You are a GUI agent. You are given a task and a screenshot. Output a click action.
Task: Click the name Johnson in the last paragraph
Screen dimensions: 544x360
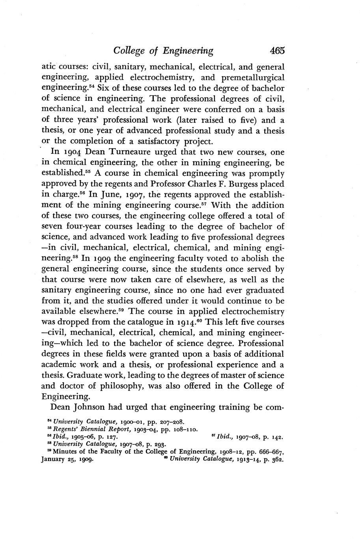click(90, 407)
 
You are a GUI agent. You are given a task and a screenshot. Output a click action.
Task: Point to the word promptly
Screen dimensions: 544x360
click(266, 173)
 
